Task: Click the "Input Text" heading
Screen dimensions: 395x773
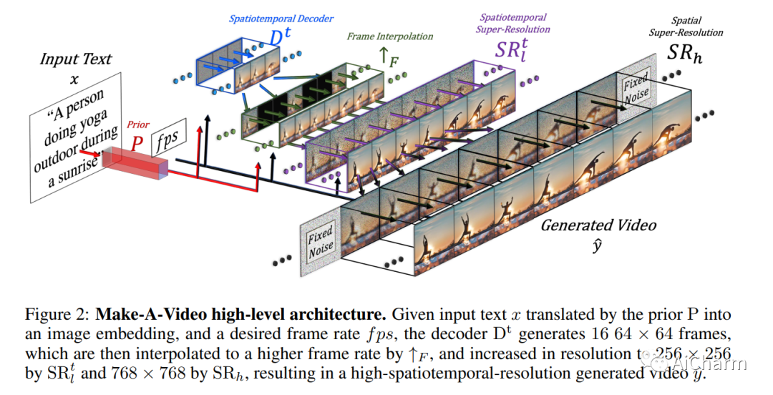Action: click(x=76, y=59)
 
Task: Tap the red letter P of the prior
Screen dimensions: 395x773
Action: click(x=137, y=144)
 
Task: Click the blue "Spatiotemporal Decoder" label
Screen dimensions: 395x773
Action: click(x=281, y=19)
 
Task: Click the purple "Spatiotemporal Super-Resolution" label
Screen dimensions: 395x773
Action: click(x=513, y=23)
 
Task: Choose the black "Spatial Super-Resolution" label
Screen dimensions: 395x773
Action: click(x=686, y=26)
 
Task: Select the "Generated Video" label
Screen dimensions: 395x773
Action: click(x=598, y=225)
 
